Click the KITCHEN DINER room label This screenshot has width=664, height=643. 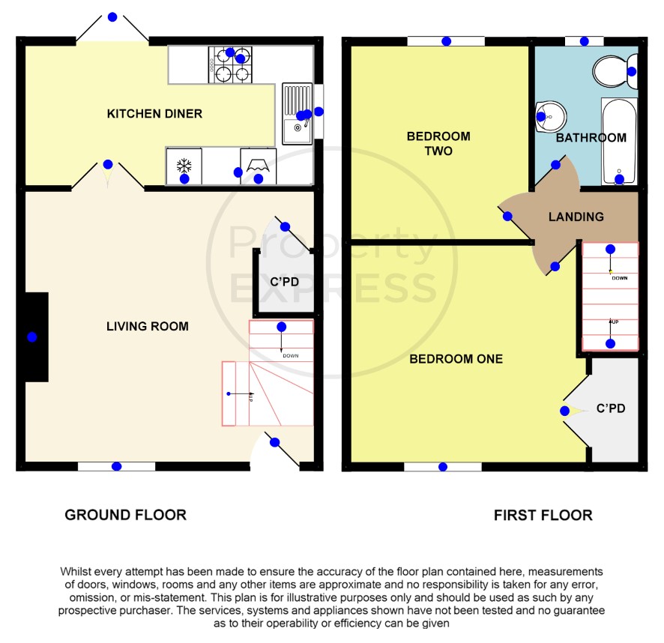[x=154, y=113]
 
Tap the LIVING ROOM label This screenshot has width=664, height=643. [x=148, y=326]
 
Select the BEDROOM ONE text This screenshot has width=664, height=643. [x=456, y=359]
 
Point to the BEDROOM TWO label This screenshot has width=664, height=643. [x=438, y=144]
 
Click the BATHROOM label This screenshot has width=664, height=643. [x=591, y=138]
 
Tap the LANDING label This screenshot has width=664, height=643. [x=576, y=217]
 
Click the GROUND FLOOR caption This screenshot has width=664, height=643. [x=125, y=515]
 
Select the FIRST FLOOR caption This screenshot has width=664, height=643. [x=543, y=515]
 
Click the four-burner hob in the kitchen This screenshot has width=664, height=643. [x=230, y=64]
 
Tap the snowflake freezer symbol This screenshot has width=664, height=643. [x=184, y=166]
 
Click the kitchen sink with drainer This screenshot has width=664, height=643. [x=298, y=113]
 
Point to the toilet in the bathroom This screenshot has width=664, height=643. [x=615, y=71]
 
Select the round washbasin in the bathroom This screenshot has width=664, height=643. [x=551, y=116]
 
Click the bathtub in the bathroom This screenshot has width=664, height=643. [x=619, y=142]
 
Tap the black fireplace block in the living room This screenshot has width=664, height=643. [x=37, y=337]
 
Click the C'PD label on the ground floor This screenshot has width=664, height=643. [x=285, y=282]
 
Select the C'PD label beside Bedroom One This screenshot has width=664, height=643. [x=611, y=408]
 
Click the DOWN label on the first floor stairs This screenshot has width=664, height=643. [x=620, y=278]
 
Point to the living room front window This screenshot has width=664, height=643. [x=116, y=466]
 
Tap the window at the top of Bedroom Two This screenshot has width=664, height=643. [x=446, y=41]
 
